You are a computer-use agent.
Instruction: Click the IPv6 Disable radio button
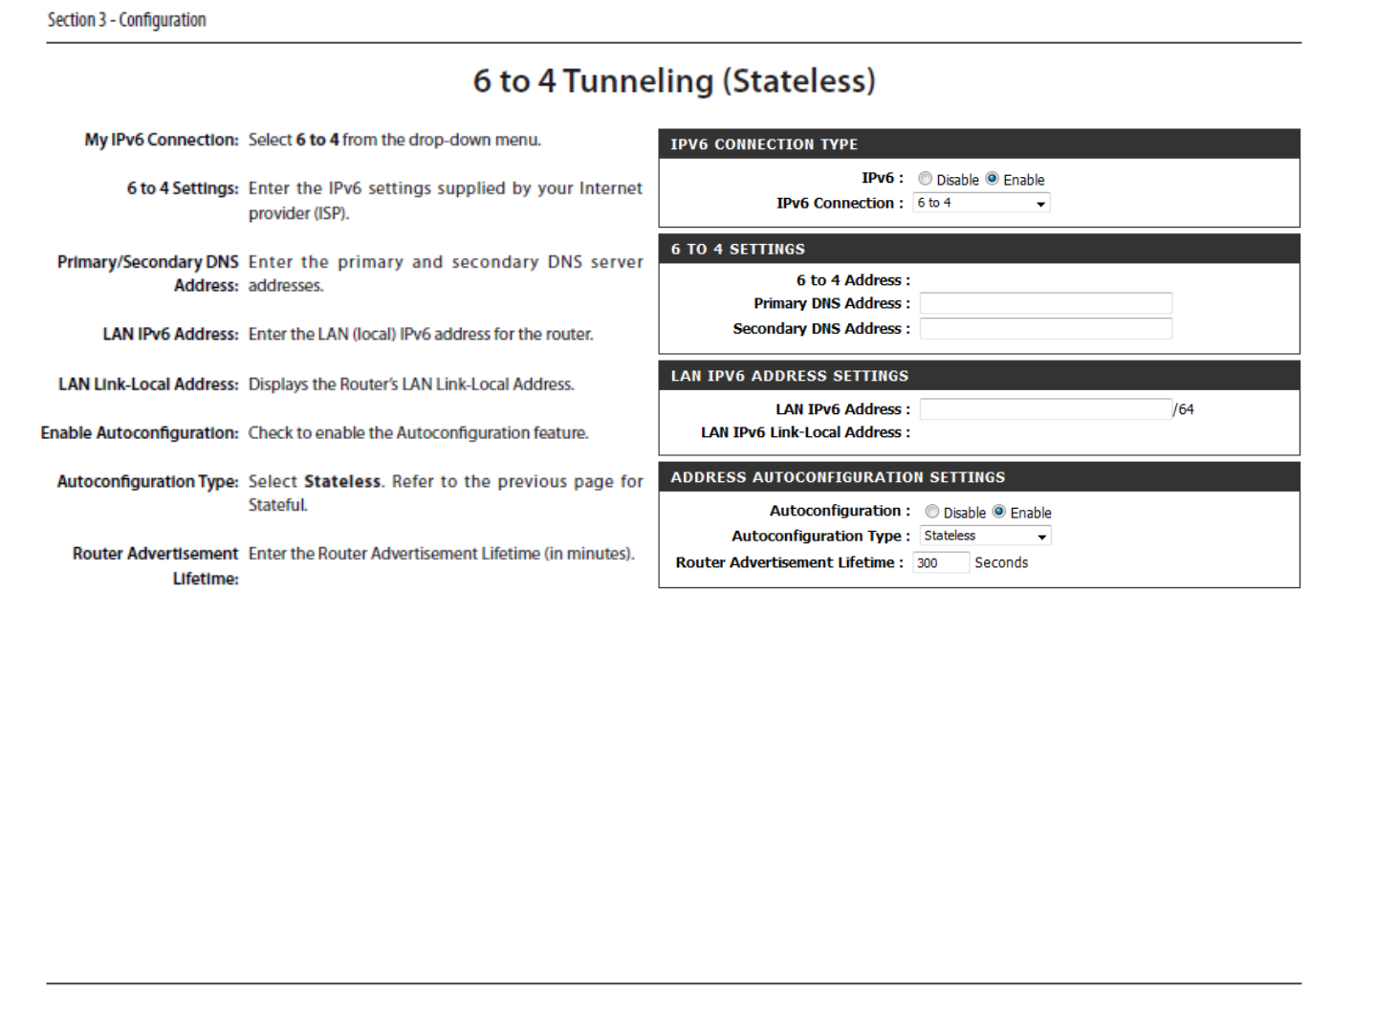click(x=925, y=179)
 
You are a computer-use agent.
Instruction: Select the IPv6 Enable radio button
click(x=993, y=179)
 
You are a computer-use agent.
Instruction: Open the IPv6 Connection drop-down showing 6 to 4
click(x=981, y=203)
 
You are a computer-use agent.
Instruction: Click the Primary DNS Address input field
click(x=1045, y=304)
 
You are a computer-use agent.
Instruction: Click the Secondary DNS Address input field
click(x=1045, y=329)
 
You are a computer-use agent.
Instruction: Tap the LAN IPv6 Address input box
click(x=1045, y=409)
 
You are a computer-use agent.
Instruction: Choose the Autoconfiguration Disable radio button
click(x=932, y=512)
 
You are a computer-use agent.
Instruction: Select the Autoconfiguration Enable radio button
click(x=999, y=512)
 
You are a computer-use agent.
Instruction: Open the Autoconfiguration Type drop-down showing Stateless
click(x=985, y=537)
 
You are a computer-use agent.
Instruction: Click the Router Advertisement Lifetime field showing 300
click(x=940, y=563)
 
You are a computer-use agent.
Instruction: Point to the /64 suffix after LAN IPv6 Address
click(x=1184, y=409)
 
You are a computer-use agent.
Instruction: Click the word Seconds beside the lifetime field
click(x=1001, y=563)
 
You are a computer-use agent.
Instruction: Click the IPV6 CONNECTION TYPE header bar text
click(x=764, y=144)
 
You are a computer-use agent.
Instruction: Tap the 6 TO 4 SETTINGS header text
click(x=737, y=250)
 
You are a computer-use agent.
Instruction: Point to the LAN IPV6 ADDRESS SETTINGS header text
click(x=789, y=376)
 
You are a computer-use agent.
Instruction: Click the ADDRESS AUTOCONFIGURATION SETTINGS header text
click(x=838, y=477)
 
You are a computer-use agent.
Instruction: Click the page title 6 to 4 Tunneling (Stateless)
click(x=674, y=81)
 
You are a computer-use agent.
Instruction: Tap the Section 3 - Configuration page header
click(x=127, y=20)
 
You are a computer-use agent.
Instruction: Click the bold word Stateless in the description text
click(x=342, y=482)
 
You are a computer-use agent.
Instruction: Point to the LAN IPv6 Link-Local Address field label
click(x=805, y=433)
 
